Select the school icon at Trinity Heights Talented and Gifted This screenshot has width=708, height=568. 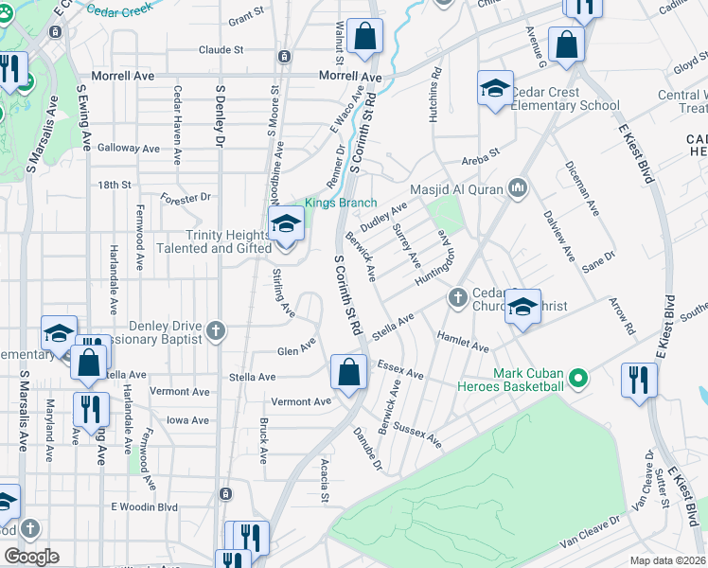pos(285,224)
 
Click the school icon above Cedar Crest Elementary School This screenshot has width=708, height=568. pos(495,88)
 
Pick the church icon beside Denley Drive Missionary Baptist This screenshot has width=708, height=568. pos(217,330)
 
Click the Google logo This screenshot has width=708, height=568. pos(31,556)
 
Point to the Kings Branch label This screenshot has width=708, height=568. pos(340,204)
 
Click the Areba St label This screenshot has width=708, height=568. pos(480,162)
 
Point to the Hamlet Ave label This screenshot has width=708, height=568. pos(462,341)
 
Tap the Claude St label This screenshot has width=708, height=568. pos(221,49)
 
